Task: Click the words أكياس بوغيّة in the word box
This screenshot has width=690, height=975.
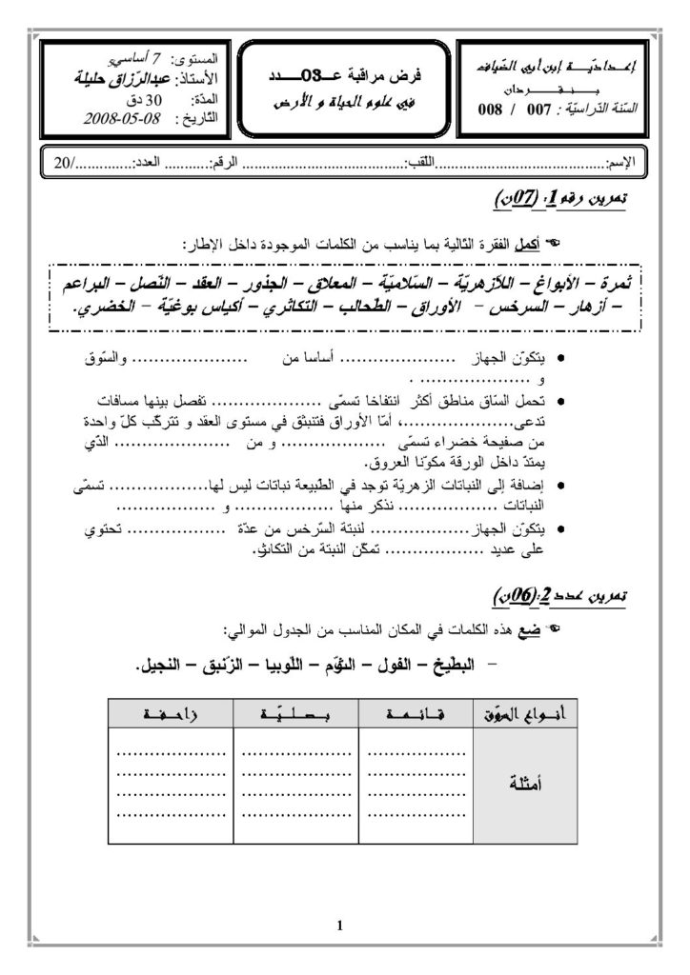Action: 213,308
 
